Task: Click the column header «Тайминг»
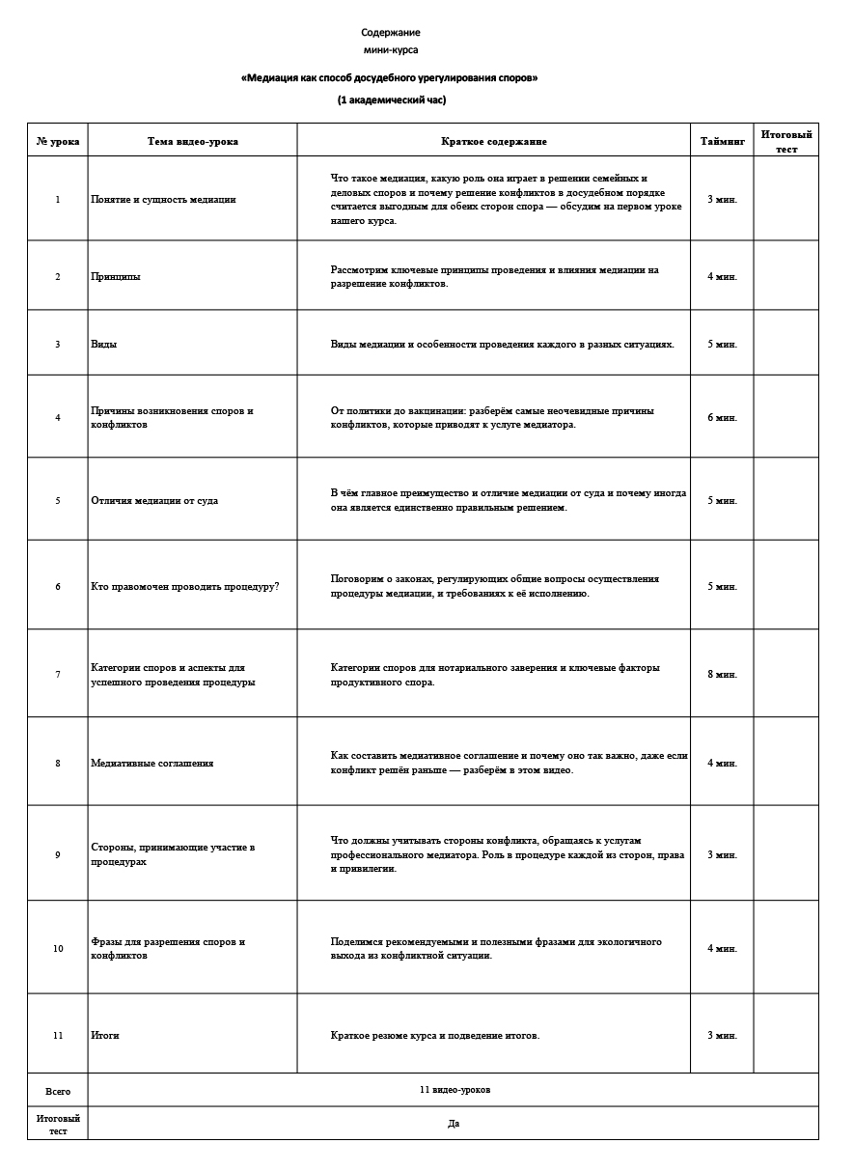coord(722,141)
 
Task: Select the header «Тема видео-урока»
coord(192,141)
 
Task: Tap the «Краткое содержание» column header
coord(493,141)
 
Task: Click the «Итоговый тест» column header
coord(785,141)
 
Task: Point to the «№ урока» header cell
coord(58,141)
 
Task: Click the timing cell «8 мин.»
coord(722,674)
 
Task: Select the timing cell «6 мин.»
coord(722,417)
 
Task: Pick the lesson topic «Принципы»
coord(115,276)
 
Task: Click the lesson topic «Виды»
coord(103,344)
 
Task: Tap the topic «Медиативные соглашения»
coord(152,763)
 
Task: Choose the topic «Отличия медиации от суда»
coord(154,500)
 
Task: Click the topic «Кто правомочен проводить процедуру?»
coord(184,586)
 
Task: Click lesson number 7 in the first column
coord(58,674)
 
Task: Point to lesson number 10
coord(58,948)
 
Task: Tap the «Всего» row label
coord(58,1091)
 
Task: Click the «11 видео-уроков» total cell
coord(455,1090)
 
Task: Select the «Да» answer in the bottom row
coord(454,1123)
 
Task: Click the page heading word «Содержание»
coord(391,33)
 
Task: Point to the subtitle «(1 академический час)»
coord(391,99)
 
